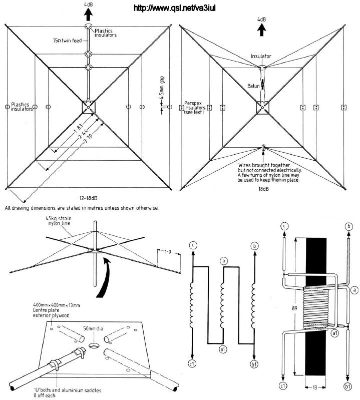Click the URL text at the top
click(180, 9)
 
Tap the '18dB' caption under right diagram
click(262, 191)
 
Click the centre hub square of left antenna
click(88, 107)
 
